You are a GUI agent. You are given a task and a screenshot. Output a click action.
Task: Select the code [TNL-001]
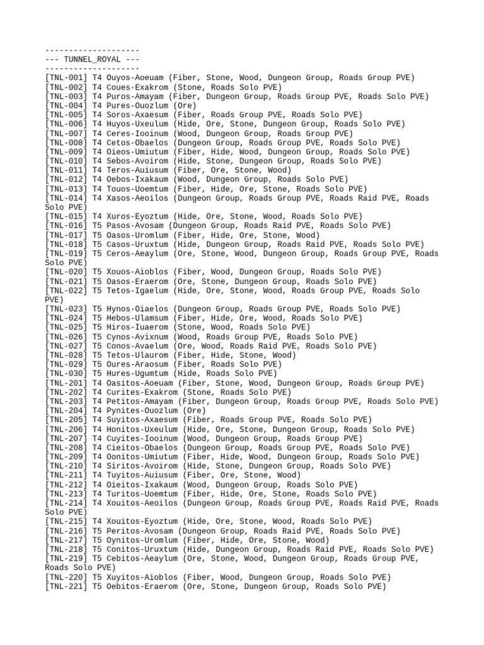(66, 77)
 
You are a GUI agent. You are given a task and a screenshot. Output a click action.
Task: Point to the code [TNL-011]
(66, 170)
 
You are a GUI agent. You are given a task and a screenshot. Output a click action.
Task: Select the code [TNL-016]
(66, 225)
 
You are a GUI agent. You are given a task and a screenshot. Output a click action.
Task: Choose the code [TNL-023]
(66, 309)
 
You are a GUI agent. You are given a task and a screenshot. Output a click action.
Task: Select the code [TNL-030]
(66, 374)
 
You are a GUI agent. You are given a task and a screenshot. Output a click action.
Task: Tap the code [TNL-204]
(66, 411)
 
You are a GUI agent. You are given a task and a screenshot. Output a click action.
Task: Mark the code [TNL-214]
(66, 503)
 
